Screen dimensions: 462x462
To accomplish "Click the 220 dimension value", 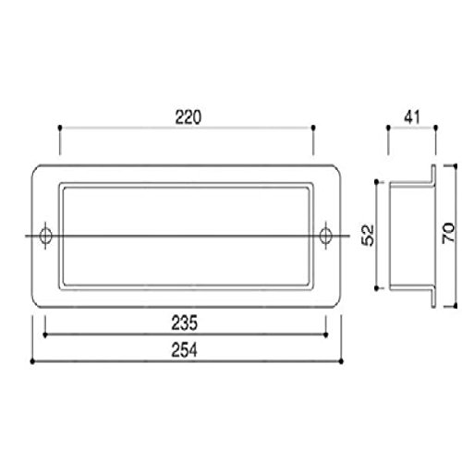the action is pyautogui.click(x=188, y=117).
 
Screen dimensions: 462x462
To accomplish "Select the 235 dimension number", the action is pyautogui.click(x=184, y=323).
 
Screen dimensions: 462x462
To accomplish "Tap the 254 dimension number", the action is pyautogui.click(x=184, y=350).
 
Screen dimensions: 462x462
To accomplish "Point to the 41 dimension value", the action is pyautogui.click(x=412, y=117).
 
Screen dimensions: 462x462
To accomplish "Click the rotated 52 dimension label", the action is pyautogui.click(x=368, y=236).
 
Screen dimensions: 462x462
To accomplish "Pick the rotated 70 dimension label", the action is pyautogui.click(x=448, y=233).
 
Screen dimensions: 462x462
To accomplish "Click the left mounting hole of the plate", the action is pyautogui.click(x=46, y=236).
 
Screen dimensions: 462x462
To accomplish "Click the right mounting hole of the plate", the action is pyautogui.click(x=325, y=236).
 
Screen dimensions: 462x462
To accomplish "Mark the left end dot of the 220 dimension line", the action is pyautogui.click(x=60, y=128).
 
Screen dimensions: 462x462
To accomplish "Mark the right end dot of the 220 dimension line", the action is pyautogui.click(x=313, y=128).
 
